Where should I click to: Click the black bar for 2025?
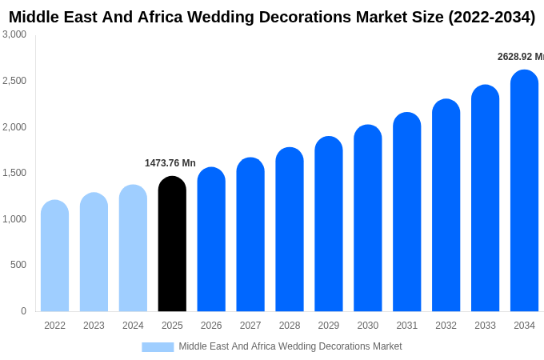point(172,244)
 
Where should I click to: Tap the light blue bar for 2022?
point(54,256)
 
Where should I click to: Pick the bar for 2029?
point(329,224)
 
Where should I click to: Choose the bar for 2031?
point(406,212)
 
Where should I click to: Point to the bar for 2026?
point(211,239)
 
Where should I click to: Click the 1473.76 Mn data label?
point(170,163)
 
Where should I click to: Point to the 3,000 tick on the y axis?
point(14,34)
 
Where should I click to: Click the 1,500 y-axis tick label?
point(14,173)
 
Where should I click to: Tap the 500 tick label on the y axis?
point(18,265)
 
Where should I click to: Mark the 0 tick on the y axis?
point(23,311)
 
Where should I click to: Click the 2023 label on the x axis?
point(94,326)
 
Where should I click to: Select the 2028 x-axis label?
point(290,326)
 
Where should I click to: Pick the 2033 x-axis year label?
point(485,326)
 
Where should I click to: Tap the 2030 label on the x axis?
point(368,326)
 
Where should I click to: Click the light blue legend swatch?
point(158,346)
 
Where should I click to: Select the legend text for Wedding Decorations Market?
point(290,346)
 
